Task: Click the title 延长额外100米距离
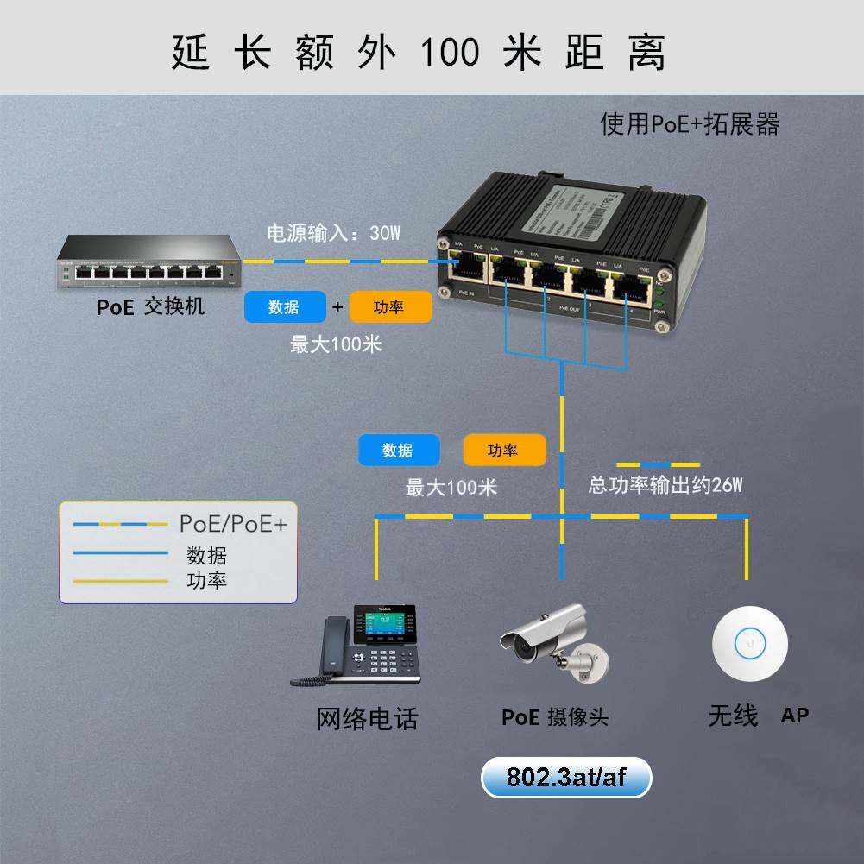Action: point(419,52)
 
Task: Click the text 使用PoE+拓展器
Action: point(690,124)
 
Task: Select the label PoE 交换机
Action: point(150,306)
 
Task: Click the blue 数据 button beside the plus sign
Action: point(285,307)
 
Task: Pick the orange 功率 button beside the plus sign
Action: point(390,307)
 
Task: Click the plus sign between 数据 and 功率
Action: point(337,307)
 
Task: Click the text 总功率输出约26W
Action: point(665,485)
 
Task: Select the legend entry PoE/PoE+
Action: point(233,524)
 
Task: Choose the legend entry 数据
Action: point(206,555)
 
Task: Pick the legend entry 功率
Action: point(206,580)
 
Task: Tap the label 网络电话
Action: point(367,718)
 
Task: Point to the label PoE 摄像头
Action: point(555,717)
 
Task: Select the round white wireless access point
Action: point(749,643)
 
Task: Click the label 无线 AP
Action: point(758,716)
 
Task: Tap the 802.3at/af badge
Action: point(566,778)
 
